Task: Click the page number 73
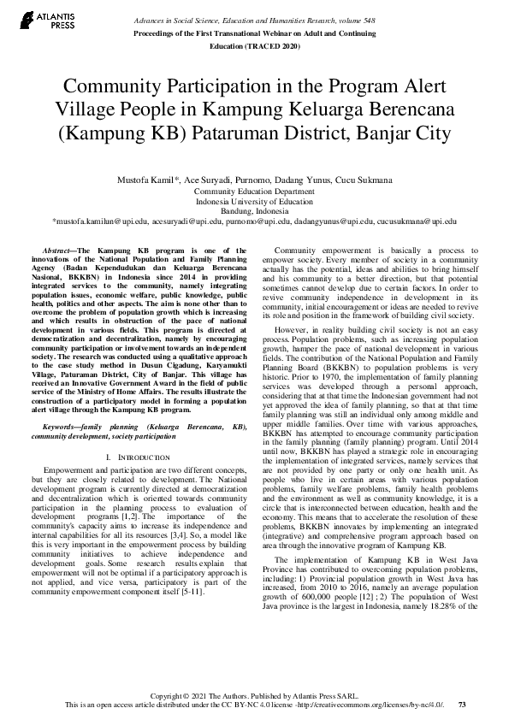tap(463, 705)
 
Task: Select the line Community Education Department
tap(254, 192)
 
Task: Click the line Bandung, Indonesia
tap(254, 211)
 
